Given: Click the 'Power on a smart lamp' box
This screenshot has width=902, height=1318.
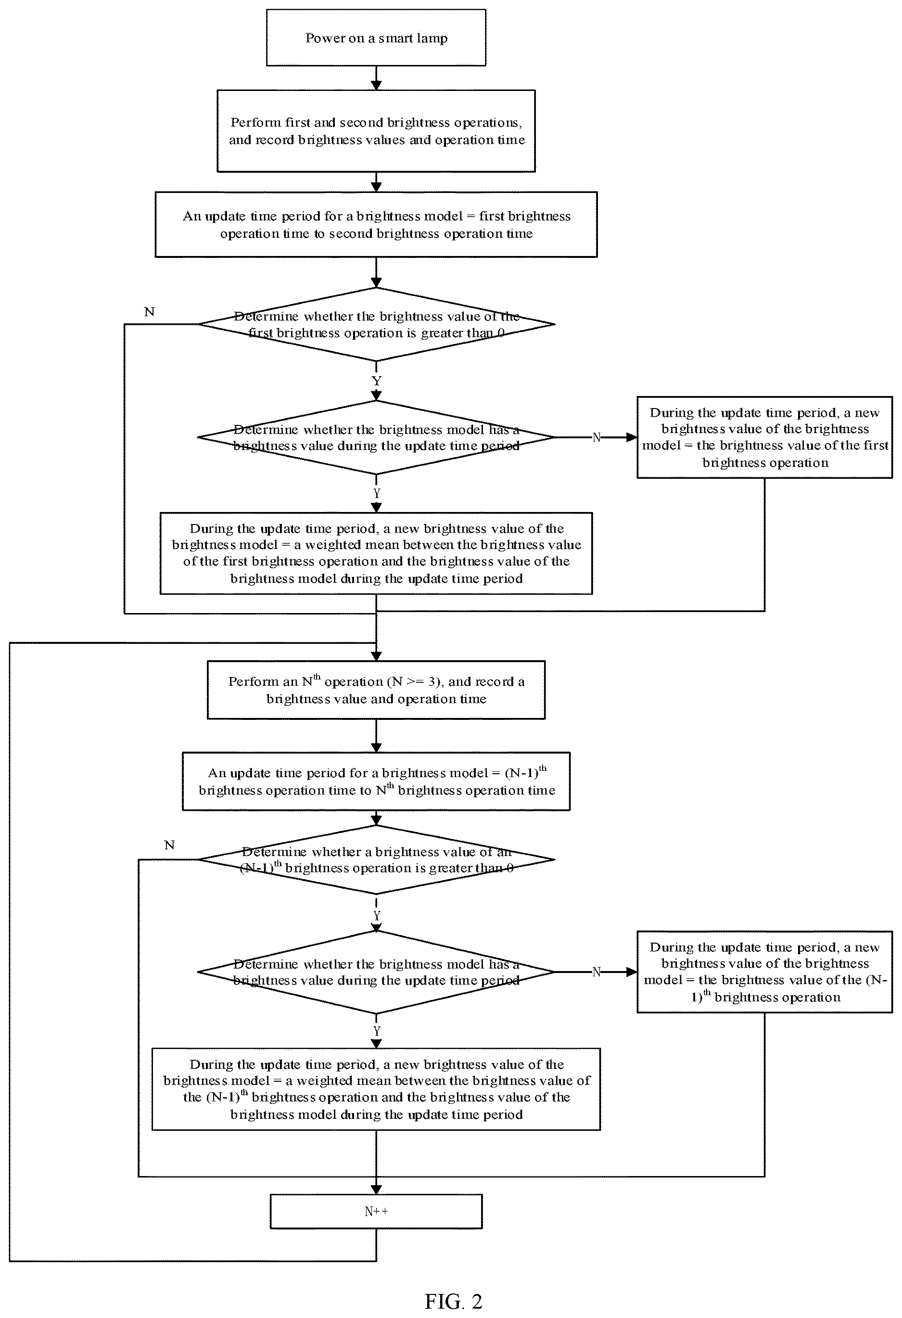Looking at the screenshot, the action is coord(376,38).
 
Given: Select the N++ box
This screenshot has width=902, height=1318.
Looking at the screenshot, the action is coord(376,1211).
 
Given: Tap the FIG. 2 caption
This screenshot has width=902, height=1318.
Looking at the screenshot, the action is coord(453,1301).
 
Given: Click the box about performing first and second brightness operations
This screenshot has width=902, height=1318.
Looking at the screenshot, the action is coord(376,131).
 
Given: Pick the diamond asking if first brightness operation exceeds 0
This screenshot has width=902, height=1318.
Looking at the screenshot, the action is coord(376,324).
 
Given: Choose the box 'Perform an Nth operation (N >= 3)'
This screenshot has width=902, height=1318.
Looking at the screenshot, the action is coord(376,690).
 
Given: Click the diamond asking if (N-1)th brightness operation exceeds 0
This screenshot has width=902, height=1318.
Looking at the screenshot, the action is coord(376,860).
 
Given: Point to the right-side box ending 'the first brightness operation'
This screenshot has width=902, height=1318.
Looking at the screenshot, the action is coord(764,437).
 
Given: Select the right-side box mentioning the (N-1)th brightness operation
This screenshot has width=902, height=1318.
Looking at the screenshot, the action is coord(764,972).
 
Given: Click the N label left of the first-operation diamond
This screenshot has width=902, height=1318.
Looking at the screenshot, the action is coord(149,311).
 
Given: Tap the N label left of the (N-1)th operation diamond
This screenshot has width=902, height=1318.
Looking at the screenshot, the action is coord(169,845).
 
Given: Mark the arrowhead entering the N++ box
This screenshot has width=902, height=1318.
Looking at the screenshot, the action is coord(376,1189).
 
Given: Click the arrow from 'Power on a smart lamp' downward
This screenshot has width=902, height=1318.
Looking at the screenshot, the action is coord(376,77).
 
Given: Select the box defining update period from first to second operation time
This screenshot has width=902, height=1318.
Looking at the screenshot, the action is coord(376,225).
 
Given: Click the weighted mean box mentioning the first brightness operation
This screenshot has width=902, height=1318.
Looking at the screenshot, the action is coord(376,553).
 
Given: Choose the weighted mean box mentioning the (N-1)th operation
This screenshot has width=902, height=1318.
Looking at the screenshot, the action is coord(376,1089).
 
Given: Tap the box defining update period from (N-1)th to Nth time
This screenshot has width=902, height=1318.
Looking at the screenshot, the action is coord(376,781).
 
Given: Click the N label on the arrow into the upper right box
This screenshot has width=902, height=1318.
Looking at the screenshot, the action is coord(597,437).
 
